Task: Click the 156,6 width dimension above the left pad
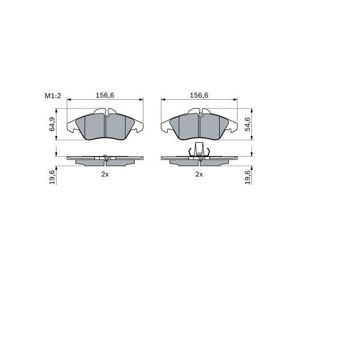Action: [105, 95]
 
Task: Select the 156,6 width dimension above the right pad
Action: [199, 95]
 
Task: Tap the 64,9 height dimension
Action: [52, 124]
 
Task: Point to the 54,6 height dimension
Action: [247, 124]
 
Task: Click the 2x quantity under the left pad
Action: [104, 174]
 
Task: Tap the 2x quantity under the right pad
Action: [199, 174]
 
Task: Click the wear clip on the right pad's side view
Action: [199, 151]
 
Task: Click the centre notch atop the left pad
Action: [105, 112]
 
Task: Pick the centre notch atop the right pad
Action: [199, 112]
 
